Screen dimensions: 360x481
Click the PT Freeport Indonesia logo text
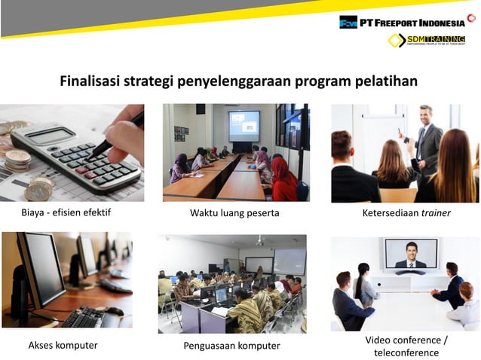click(x=412, y=22)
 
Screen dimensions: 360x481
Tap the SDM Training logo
click(x=427, y=41)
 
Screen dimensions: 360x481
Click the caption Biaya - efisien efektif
click(x=66, y=212)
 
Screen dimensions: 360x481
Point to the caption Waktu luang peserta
click(x=234, y=213)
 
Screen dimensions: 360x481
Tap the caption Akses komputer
click(x=63, y=346)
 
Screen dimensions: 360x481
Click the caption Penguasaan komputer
click(x=231, y=346)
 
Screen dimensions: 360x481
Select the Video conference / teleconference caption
click(x=406, y=346)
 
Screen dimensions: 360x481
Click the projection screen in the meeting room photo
click(x=244, y=125)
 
